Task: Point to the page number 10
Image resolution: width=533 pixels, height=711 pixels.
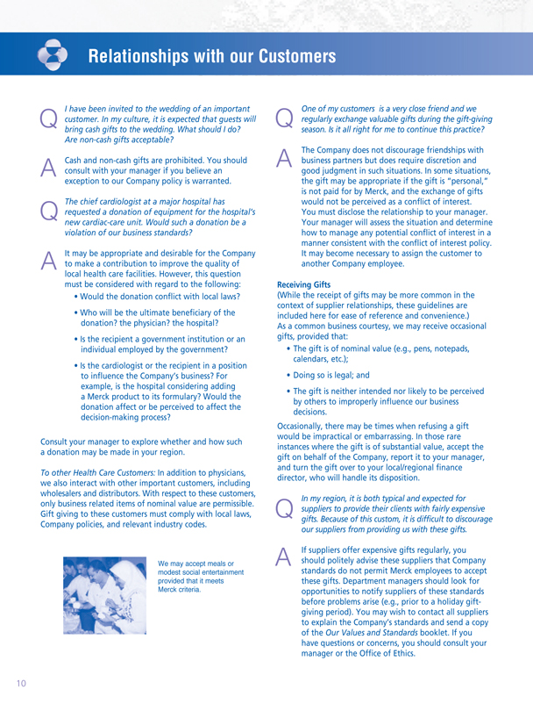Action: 18,681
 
